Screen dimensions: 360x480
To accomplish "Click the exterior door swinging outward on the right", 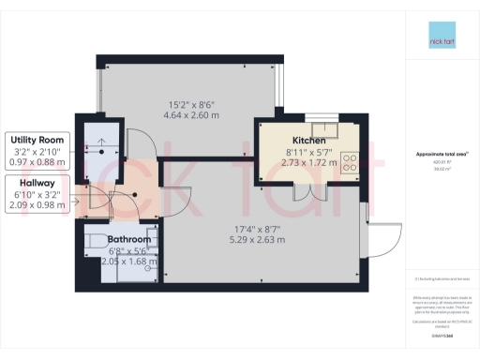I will (382, 239).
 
